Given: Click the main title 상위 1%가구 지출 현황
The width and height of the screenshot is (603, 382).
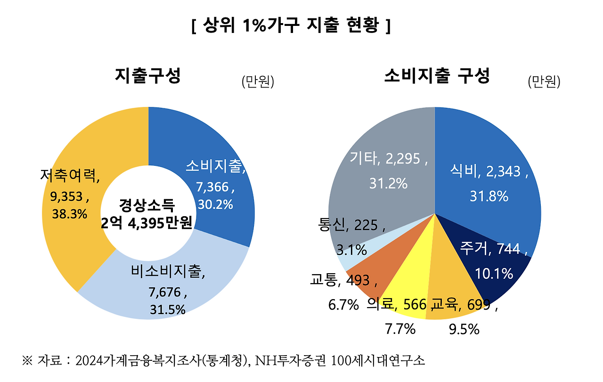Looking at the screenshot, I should click(x=291, y=25).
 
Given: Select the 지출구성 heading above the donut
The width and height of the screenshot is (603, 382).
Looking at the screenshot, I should click(x=147, y=76).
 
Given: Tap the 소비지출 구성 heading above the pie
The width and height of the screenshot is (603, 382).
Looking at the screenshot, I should click(x=437, y=75).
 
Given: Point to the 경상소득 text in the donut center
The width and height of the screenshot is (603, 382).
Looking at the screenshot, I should click(x=147, y=205).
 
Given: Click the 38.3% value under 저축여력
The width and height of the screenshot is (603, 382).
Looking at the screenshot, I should click(x=69, y=214).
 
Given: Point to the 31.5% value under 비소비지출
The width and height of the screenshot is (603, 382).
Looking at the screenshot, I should click(x=167, y=309).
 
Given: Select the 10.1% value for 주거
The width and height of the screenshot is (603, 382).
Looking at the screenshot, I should click(x=494, y=273).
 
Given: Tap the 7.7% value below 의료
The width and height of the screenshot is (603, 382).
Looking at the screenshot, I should click(x=400, y=329).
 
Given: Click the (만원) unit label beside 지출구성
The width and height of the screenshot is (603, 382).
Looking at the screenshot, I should click(x=257, y=82).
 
